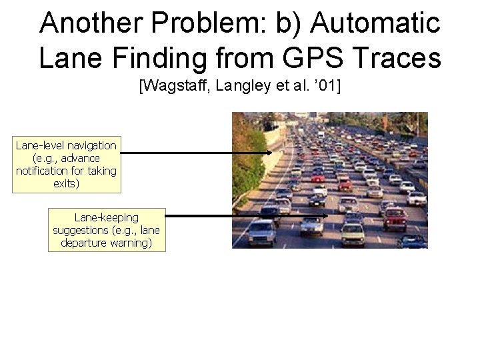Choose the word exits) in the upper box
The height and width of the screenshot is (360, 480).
[67, 183]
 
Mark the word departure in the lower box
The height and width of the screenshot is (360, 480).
[83, 243]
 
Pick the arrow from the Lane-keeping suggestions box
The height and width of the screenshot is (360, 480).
[247, 215]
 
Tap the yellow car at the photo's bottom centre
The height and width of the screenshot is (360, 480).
[353, 233]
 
